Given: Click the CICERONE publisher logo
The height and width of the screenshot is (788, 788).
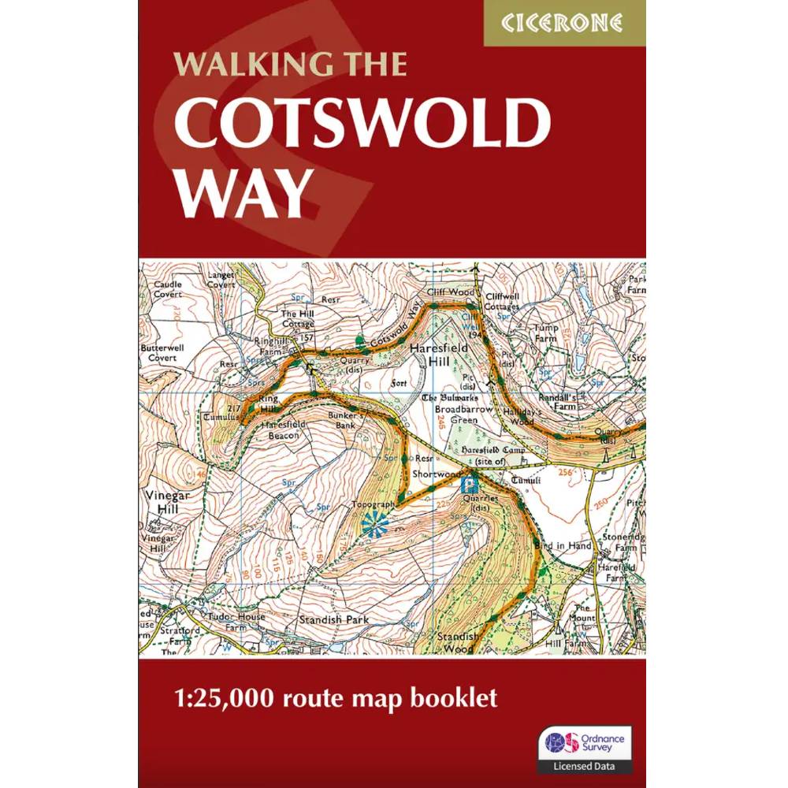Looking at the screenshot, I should pyautogui.click(x=564, y=22).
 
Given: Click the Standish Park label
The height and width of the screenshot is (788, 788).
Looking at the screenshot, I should pyautogui.click(x=333, y=620).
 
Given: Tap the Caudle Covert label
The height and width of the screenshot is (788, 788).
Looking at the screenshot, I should pyautogui.click(x=167, y=289).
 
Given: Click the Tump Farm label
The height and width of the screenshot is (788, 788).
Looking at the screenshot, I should pyautogui.click(x=545, y=333).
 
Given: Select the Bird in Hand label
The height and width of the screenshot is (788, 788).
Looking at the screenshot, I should pyautogui.click(x=562, y=545).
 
